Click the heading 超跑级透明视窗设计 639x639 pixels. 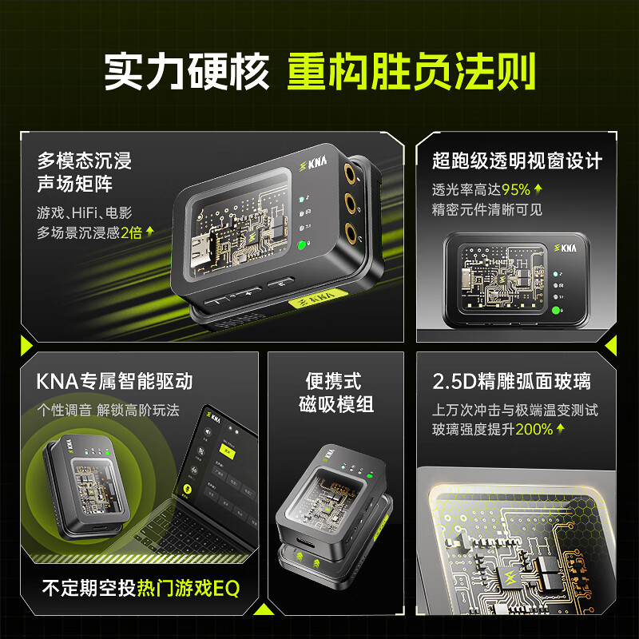[x=516, y=161]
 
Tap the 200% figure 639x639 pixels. [x=534, y=429]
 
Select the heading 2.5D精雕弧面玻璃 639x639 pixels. [x=511, y=381]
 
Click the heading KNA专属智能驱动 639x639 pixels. [x=114, y=381]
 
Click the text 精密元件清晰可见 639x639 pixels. [x=487, y=210]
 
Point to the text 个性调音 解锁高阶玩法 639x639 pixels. [x=108, y=410]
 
